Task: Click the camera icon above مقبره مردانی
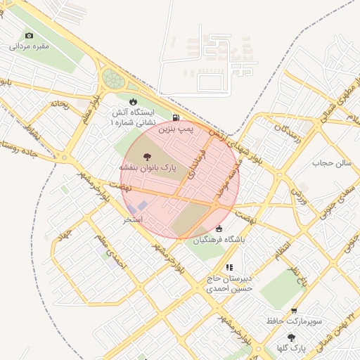click(29, 36)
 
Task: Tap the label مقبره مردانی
click(29, 46)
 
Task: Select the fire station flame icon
click(134, 101)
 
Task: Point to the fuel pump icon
click(174, 118)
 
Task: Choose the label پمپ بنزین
click(174, 129)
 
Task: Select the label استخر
click(133, 219)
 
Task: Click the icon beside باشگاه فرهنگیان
click(219, 229)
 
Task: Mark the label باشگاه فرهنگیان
click(219, 240)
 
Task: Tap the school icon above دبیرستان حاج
click(229, 267)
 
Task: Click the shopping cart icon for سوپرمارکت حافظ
click(294, 310)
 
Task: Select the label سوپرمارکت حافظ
click(294, 321)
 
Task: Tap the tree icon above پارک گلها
click(291, 337)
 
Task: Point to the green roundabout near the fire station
click(112, 78)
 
